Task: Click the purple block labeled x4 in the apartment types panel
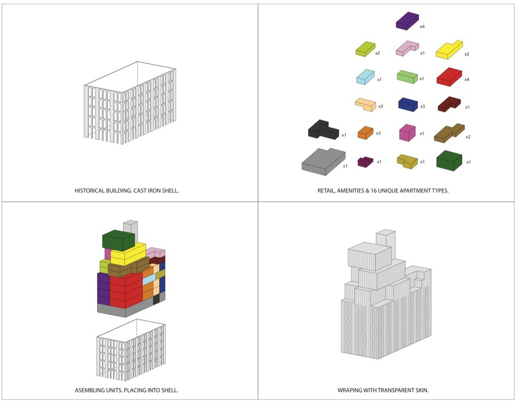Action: [x=407, y=21]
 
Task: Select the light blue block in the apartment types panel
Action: [x=366, y=77]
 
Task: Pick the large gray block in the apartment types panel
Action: [x=323, y=161]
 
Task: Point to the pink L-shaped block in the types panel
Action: [x=407, y=49]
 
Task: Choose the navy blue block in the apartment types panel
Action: [x=408, y=104]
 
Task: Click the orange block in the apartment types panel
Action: [x=366, y=132]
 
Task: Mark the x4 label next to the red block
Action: [x=466, y=80]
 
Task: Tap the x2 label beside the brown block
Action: [x=468, y=137]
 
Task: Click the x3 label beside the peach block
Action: [x=380, y=107]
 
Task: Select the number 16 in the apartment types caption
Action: [x=374, y=190]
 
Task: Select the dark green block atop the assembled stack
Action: [x=119, y=240]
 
